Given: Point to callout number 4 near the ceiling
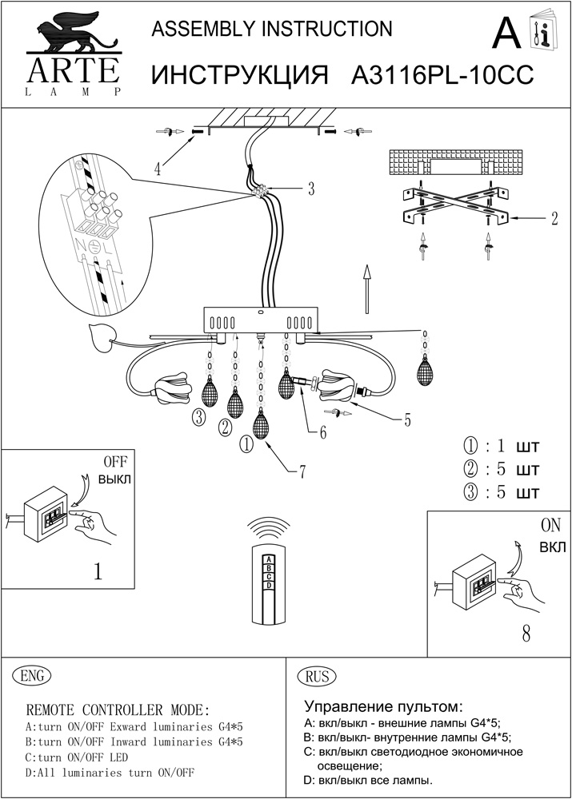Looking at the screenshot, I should [x=158, y=169].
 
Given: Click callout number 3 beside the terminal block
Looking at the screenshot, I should [x=311, y=189].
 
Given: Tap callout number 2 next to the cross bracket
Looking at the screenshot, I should [x=554, y=218].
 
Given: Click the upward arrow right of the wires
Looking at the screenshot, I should [x=366, y=292].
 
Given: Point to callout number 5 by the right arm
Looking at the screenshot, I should [x=408, y=418].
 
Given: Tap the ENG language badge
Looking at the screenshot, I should [x=34, y=676].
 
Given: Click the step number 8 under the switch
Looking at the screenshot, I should [x=526, y=634].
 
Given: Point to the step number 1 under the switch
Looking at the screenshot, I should [x=98, y=571].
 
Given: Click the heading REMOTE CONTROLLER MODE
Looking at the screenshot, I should [x=118, y=710].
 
